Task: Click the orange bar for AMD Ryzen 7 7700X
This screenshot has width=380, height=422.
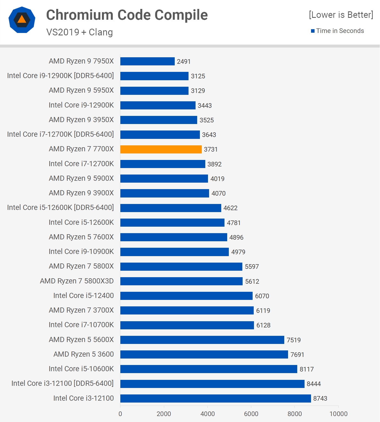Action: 161,149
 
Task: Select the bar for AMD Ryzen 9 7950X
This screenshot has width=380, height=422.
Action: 147,61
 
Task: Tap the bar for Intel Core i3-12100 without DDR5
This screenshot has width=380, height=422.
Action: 216,398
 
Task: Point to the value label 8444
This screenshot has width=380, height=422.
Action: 314,384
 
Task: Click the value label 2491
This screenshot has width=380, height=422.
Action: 184,62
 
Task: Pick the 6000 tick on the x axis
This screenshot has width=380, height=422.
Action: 251,414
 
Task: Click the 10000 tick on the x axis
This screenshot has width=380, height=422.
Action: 338,414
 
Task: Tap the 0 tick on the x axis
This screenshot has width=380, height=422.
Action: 120,414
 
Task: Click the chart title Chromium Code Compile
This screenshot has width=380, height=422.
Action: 127,15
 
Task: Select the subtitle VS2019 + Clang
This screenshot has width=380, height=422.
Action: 80,32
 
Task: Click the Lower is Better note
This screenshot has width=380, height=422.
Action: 341,15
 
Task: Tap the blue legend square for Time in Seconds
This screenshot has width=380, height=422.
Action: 313,31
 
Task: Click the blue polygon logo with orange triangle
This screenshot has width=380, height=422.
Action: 22,20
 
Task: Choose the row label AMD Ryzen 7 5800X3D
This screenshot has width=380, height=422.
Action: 77,281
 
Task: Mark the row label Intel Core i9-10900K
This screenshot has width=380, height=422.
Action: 81,252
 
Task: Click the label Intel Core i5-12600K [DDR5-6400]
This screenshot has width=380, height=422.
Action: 60,207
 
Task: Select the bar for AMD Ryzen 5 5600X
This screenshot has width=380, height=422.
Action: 202,340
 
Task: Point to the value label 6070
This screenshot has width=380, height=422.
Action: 262,296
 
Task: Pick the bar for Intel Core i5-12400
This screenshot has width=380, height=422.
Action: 186,296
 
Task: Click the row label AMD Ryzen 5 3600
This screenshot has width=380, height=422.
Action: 84,354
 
